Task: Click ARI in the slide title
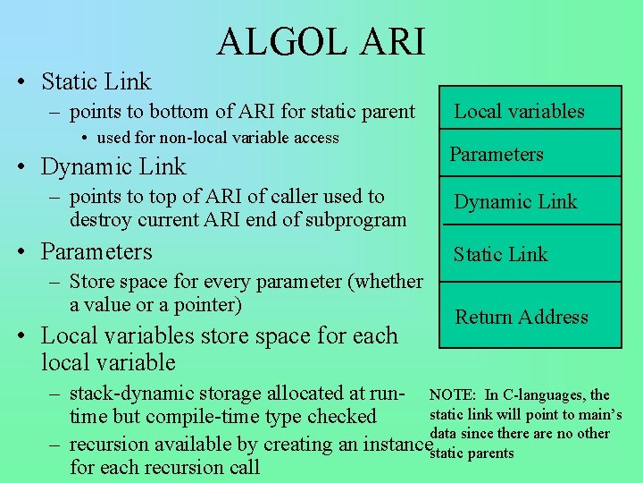point(390,41)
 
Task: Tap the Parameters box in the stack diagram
point(530,154)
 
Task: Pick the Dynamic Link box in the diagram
point(530,201)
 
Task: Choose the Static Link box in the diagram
point(530,254)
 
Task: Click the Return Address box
point(530,316)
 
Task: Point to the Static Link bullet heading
point(96,81)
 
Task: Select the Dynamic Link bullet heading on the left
point(113,166)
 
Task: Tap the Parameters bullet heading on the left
point(96,251)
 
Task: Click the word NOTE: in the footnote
point(453,395)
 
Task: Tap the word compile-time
point(203,417)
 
